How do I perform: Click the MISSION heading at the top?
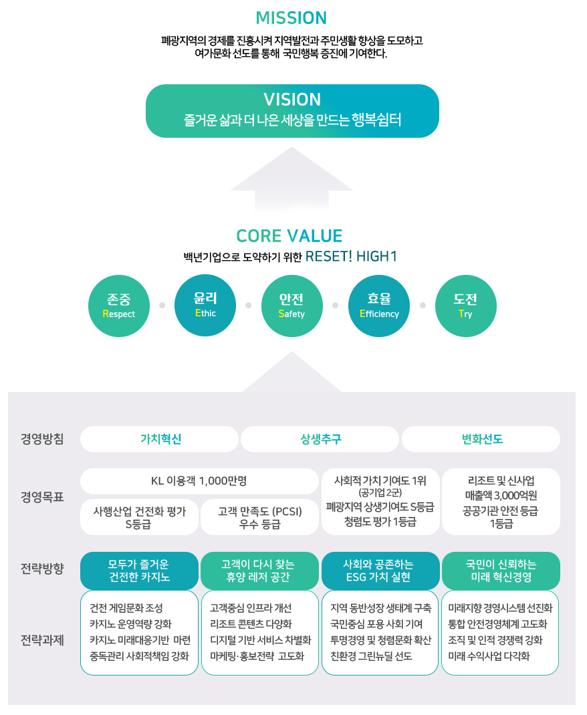click(x=291, y=17)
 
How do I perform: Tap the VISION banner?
click(x=292, y=110)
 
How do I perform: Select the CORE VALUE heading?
click(x=289, y=236)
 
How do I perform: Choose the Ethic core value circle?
click(x=205, y=305)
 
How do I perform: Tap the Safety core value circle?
click(x=291, y=306)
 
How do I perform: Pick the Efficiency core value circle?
click(x=379, y=306)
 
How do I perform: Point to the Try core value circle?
click(x=465, y=306)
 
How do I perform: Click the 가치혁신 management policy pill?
click(x=159, y=439)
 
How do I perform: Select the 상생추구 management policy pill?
click(x=320, y=439)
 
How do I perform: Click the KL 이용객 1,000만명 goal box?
click(x=199, y=481)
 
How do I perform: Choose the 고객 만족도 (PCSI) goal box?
click(x=259, y=518)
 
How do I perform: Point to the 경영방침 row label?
click(x=42, y=439)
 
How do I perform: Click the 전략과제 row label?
click(x=42, y=640)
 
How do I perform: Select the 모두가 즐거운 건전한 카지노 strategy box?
click(x=139, y=571)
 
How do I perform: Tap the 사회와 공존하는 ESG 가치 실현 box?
click(x=380, y=571)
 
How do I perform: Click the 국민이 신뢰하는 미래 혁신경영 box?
click(x=501, y=571)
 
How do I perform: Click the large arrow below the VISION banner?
click(x=291, y=181)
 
